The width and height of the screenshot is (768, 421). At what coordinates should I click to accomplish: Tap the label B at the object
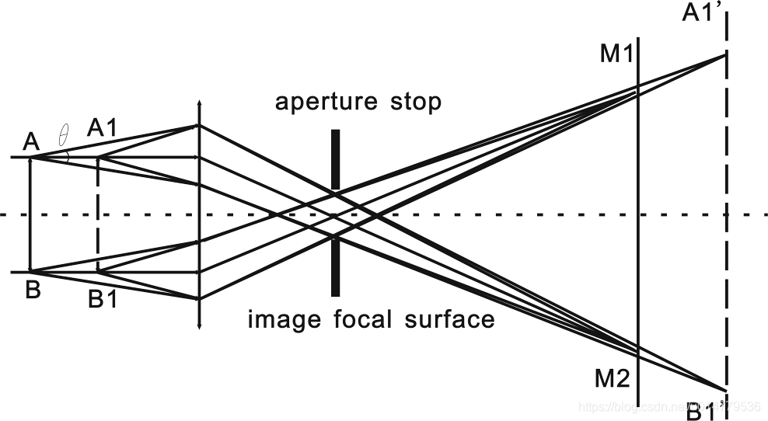click(x=33, y=291)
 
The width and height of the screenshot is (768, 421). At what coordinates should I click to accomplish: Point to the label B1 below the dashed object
click(x=103, y=299)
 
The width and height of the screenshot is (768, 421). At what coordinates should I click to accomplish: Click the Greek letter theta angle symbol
click(x=64, y=139)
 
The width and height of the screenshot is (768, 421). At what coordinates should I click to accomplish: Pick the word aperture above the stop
click(x=326, y=103)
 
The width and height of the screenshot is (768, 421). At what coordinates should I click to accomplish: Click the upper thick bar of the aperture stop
click(x=336, y=159)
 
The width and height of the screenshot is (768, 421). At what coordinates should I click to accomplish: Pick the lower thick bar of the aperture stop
click(x=336, y=266)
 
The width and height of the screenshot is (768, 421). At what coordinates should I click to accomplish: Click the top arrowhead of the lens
click(x=200, y=104)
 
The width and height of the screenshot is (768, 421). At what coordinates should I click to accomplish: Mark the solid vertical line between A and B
click(x=30, y=214)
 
